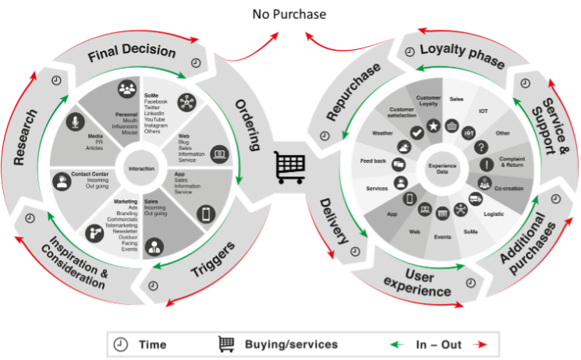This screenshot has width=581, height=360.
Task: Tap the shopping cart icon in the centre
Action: coord(289,166)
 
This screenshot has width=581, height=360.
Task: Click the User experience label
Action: coord(417,282)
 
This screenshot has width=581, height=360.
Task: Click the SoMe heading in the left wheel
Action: coord(151,95)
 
